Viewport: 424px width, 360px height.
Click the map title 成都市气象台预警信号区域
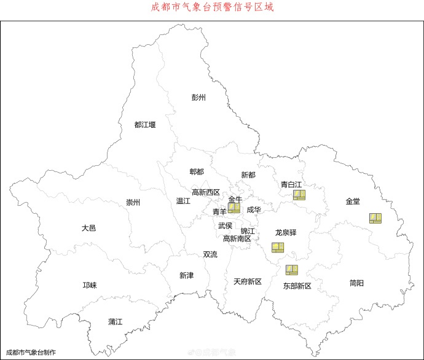click(212, 8)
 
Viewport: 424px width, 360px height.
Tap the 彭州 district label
click(198, 98)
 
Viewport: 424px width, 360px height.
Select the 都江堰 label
click(145, 125)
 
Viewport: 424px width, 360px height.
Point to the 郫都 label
click(197, 171)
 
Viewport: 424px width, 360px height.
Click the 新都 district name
click(248, 175)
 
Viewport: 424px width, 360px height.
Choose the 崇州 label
click(133, 203)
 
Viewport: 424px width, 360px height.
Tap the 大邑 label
click(88, 228)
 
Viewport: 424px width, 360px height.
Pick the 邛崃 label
click(90, 285)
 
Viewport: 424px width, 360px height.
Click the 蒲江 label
click(116, 321)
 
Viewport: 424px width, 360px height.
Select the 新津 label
click(186, 276)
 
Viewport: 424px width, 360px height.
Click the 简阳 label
click(356, 283)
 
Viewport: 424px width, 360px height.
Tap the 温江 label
click(183, 201)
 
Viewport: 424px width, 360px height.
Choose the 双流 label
click(210, 254)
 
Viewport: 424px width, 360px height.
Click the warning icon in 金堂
click(375, 218)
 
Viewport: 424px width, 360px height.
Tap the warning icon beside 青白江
click(299, 195)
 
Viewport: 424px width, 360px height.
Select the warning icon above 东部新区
click(291, 270)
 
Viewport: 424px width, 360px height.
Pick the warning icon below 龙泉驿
click(278, 247)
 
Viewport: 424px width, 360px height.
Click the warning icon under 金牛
click(234, 208)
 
